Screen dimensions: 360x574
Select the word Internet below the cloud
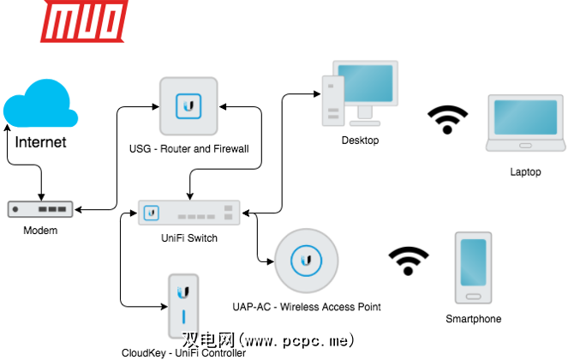coord(40,142)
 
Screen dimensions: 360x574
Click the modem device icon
coord(40,208)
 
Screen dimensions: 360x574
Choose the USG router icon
coord(188,106)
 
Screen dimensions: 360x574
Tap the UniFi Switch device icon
coord(189,212)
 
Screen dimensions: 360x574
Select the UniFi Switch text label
coord(189,238)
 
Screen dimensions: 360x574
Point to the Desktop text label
coord(360,140)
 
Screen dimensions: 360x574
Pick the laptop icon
coord(525,125)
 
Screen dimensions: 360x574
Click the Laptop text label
coord(525,171)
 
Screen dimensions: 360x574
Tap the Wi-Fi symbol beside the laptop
coord(448,119)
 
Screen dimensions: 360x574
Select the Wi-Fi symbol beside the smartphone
coord(408,261)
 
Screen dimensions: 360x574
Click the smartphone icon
coord(473,267)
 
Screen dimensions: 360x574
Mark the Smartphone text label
coord(473,319)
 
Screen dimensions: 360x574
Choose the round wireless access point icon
coord(306,258)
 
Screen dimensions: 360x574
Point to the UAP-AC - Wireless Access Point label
coord(306,306)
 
